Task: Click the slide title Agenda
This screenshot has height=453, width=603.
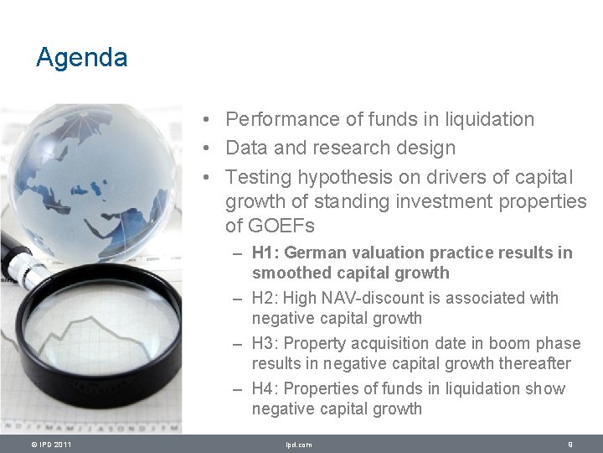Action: [81, 58]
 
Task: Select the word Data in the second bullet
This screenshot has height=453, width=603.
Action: [246, 148]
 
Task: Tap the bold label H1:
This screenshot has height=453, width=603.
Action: [265, 253]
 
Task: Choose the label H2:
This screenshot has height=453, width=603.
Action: [265, 298]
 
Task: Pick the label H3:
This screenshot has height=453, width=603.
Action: [265, 343]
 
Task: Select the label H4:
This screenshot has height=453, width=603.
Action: [265, 388]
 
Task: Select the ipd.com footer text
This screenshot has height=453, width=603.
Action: [298, 445]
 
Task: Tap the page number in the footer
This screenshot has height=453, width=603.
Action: [569, 445]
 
